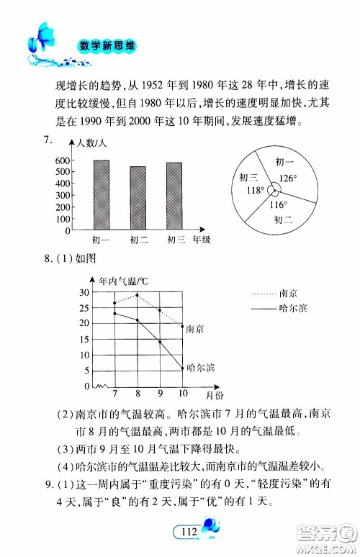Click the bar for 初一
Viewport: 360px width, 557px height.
pos(101,195)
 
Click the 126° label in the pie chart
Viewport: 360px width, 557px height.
pos(288,177)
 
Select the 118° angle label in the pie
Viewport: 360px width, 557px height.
pos(253,191)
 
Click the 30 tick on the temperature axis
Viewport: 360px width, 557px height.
pos(84,292)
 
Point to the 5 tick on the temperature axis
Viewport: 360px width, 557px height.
pos(86,371)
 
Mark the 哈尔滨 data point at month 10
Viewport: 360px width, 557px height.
pos(182,368)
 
